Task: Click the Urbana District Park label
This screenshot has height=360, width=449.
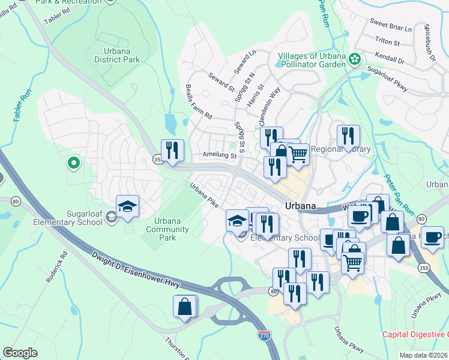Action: (x=117, y=55)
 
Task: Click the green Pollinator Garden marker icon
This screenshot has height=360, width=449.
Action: (x=355, y=59)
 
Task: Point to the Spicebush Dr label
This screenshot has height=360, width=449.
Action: (x=431, y=52)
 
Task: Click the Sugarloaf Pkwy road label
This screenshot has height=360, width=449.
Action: (x=387, y=80)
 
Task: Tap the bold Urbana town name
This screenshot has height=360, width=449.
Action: (x=300, y=205)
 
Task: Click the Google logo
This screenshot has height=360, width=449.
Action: (x=20, y=353)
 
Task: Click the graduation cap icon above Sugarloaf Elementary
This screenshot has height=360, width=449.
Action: (x=127, y=206)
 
